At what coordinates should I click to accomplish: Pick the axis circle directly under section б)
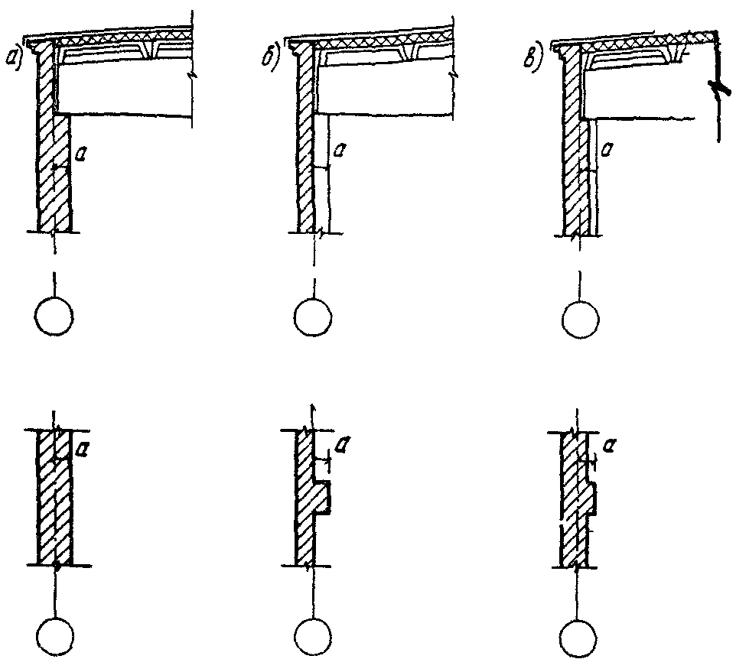click(314, 317)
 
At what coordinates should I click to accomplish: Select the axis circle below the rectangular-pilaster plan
click(314, 634)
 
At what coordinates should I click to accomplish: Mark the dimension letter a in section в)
click(607, 147)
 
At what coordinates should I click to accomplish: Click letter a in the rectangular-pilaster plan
click(345, 442)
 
